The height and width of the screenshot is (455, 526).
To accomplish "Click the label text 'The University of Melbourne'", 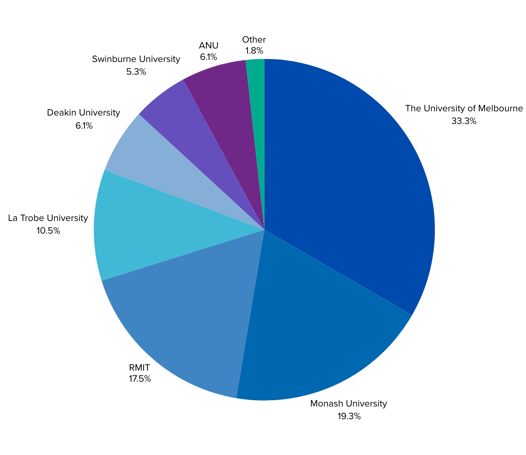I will click(464, 108).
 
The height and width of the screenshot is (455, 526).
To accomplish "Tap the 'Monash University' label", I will click(348, 404).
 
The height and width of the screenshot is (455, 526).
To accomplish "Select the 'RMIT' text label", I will click(139, 368).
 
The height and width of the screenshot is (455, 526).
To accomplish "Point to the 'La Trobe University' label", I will click(48, 218).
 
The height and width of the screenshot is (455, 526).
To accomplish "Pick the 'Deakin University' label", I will click(83, 113).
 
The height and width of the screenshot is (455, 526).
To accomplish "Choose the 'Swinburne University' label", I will click(136, 59).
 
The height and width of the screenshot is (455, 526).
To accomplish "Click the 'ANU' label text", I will click(208, 46).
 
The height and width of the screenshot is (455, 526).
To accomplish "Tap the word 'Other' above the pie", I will click(254, 40).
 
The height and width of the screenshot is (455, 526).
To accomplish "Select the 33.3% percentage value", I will click(464, 121).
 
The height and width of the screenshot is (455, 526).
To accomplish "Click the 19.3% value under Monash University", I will click(349, 416).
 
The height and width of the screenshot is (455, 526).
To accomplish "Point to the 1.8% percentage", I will click(254, 51).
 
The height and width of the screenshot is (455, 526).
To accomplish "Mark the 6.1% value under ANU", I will click(208, 57).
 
